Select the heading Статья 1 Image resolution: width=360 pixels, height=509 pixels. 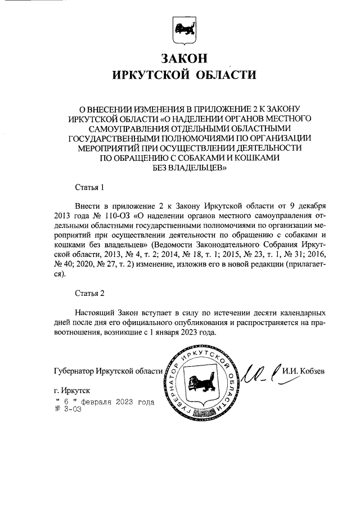coord(89,186)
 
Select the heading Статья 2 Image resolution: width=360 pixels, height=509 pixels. coord(89,292)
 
